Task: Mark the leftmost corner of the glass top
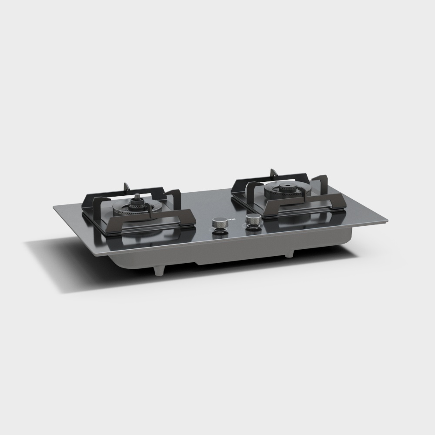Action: tap(54, 207)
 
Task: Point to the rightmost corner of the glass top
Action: tap(386, 222)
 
